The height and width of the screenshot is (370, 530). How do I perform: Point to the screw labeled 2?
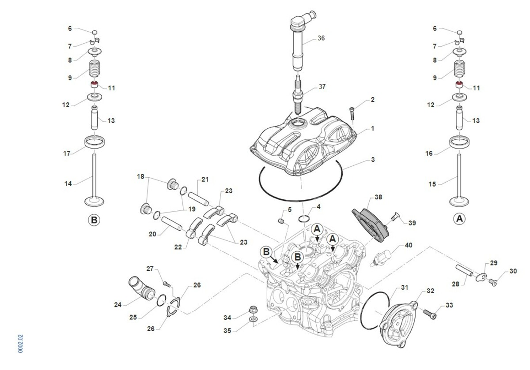tap(352, 112)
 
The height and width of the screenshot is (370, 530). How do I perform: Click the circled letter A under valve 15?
tap(459, 218)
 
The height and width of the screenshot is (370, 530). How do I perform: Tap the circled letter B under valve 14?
tap(94, 219)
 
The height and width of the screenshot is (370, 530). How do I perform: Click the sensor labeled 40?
tap(383, 257)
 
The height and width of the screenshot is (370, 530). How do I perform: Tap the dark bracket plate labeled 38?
tap(370, 224)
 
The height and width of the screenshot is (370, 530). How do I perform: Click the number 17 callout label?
tap(67, 153)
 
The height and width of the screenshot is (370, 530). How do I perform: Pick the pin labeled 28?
tap(465, 270)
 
